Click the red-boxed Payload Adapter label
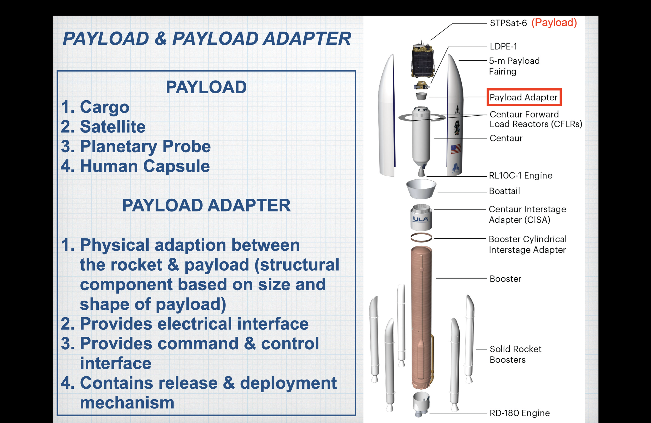pyautogui.click(x=524, y=97)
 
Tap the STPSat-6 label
pyautogui.click(x=508, y=23)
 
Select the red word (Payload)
pyautogui.click(x=554, y=23)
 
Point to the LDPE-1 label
pyautogui.click(x=503, y=47)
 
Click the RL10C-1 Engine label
pyautogui.click(x=521, y=175)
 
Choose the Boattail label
pyautogui.click(x=504, y=191)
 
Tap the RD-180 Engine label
pyautogui.click(x=520, y=413)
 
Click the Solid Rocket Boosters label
pyautogui.click(x=516, y=354)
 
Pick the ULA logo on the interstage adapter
pyautogui.click(x=421, y=219)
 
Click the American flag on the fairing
pyautogui.click(x=456, y=148)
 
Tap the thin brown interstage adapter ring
pyautogui.click(x=421, y=238)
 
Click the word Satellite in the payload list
pyautogui.click(x=113, y=126)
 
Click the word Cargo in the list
pyautogui.click(x=104, y=107)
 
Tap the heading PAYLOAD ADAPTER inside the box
pyautogui.click(x=206, y=205)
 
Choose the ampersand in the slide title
pyautogui.click(x=161, y=38)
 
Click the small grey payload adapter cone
pyautogui.click(x=421, y=96)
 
